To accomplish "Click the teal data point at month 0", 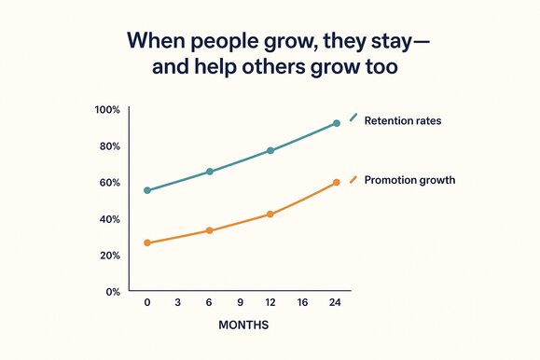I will [x=147, y=190].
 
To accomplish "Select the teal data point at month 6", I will [x=210, y=172].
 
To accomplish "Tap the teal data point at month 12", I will [x=270, y=151].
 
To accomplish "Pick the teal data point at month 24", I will [x=337, y=123].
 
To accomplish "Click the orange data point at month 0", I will [x=147, y=243].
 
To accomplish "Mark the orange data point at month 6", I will [x=210, y=230].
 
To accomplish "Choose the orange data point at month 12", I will [x=270, y=215].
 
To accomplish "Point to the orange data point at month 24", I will [x=337, y=182].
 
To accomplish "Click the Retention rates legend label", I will [x=404, y=120].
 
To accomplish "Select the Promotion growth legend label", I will [x=410, y=180].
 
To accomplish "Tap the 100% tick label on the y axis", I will [x=108, y=110].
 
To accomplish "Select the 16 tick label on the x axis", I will [x=302, y=303].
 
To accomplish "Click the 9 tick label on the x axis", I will [x=241, y=303].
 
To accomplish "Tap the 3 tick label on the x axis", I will [x=178, y=303].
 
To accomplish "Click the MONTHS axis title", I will [x=243, y=326].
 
